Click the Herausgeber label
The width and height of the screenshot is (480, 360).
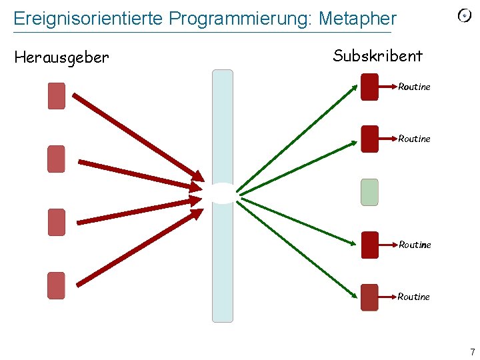tap(61, 58)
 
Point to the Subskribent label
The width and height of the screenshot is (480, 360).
tap(377, 55)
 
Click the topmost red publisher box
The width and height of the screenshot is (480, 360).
tap(57, 95)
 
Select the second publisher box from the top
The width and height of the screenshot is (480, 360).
tap(57, 159)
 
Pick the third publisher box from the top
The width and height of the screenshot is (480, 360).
tap(57, 222)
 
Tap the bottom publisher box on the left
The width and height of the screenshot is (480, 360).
tap(57, 285)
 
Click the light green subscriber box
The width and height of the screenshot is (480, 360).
tap(369, 192)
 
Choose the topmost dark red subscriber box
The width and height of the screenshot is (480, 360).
tap(369, 87)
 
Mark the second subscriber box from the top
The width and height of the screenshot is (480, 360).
tap(369, 139)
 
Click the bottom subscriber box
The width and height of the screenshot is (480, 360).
tap(369, 297)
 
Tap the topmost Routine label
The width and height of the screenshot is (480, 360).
tap(414, 87)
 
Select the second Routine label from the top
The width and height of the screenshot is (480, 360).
tap(414, 139)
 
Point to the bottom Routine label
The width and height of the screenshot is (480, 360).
tap(414, 297)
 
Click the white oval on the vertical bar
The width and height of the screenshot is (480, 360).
tap(222, 193)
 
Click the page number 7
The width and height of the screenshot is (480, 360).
tap(472, 352)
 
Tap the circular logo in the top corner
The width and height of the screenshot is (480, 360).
tap(465, 15)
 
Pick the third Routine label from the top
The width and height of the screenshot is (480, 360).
tap(415, 245)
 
